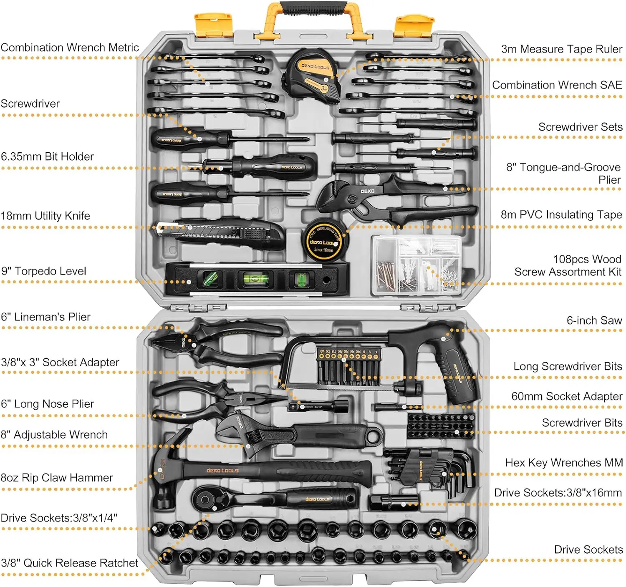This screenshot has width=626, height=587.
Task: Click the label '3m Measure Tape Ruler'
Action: click(561, 49)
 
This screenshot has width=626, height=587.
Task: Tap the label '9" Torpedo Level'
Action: click(43, 271)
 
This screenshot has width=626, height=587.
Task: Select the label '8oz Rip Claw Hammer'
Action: click(57, 478)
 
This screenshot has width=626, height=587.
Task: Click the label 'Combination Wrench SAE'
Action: click(557, 85)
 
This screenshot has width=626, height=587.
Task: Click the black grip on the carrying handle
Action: click(313, 7)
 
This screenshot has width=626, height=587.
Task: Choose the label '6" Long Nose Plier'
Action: click(47, 404)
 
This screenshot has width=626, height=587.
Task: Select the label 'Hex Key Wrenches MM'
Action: click(563, 463)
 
